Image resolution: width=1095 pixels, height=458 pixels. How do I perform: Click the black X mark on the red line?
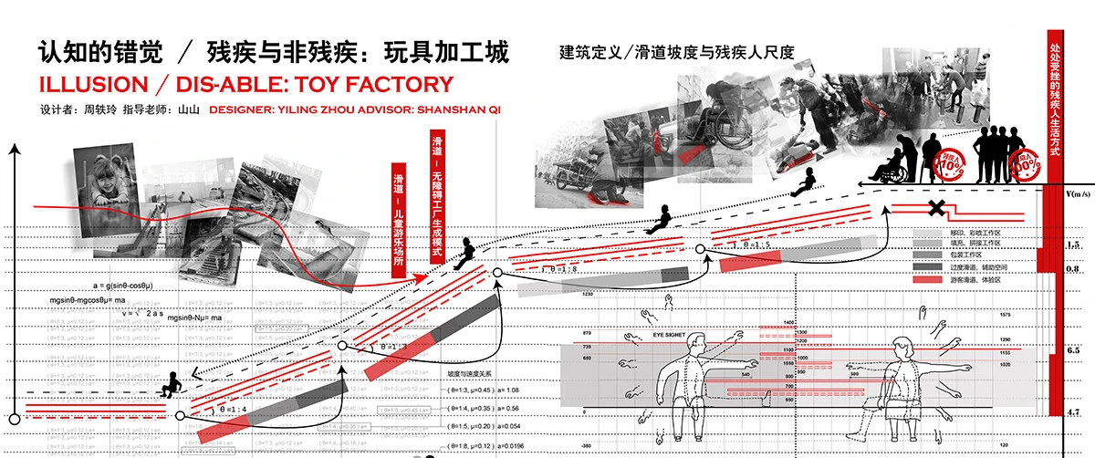coord(935,208)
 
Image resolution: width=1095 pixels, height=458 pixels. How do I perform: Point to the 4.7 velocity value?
coord(1073,413)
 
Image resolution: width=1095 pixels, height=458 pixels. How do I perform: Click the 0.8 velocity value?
coord(1073,269)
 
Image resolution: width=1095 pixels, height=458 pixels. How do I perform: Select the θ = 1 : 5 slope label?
coord(745,245)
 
